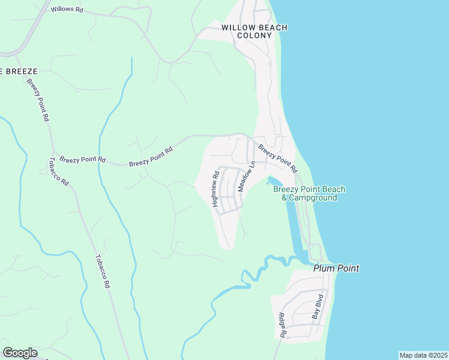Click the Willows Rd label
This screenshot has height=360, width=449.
coord(67,10)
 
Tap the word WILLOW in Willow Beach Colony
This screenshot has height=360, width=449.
coord(239,28)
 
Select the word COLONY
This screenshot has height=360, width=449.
coord(255,35)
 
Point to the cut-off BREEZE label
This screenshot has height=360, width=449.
coord(18,71)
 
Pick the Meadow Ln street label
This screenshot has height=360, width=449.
coord(247,176)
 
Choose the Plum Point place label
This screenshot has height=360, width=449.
coord(336,268)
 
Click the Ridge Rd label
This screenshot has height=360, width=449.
coord(282,325)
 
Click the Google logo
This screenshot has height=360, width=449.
coord(20,353)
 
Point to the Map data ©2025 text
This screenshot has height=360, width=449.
coord(423,355)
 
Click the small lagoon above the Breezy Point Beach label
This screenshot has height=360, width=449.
coord(274,180)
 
